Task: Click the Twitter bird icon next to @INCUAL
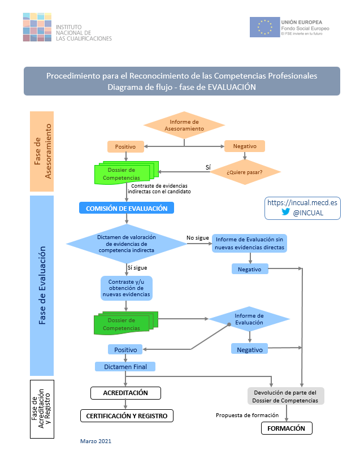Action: coord(285,213)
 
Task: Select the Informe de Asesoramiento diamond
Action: coord(184,125)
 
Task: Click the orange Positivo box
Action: coord(125,146)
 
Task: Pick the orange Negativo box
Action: coord(245,146)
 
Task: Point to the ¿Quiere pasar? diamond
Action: coord(245,171)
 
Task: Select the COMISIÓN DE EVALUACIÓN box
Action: coord(126,208)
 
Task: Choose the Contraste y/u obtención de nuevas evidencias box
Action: coord(127,288)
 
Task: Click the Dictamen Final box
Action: coord(125,366)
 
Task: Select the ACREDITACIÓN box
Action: coord(125,392)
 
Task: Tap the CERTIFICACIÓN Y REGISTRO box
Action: coord(127,415)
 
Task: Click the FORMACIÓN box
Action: coord(287,428)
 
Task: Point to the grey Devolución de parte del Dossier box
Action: coord(287,396)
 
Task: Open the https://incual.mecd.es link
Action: coord(302,202)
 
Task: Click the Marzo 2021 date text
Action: coord(96,440)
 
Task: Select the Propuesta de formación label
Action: coord(247,415)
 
